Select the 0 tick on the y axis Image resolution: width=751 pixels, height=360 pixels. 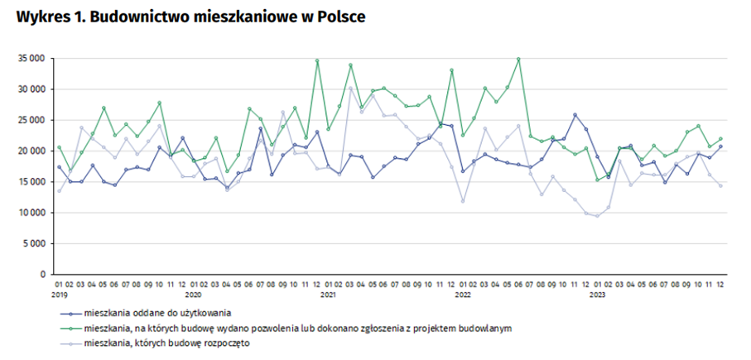point(42,274)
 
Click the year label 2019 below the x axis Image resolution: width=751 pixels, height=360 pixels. point(59,294)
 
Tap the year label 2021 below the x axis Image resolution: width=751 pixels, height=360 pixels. point(328,294)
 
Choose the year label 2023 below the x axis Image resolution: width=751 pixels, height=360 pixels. point(596,294)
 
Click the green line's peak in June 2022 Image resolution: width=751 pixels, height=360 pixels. point(518,59)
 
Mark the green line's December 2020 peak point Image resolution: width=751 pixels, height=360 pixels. point(317,60)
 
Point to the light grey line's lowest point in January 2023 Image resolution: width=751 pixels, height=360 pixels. point(597,215)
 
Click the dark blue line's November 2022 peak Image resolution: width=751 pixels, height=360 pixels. point(575,115)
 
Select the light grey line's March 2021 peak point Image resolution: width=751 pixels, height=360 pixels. point(350,88)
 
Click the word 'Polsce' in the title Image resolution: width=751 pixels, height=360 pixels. point(341,17)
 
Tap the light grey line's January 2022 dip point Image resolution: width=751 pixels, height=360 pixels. point(463,201)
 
